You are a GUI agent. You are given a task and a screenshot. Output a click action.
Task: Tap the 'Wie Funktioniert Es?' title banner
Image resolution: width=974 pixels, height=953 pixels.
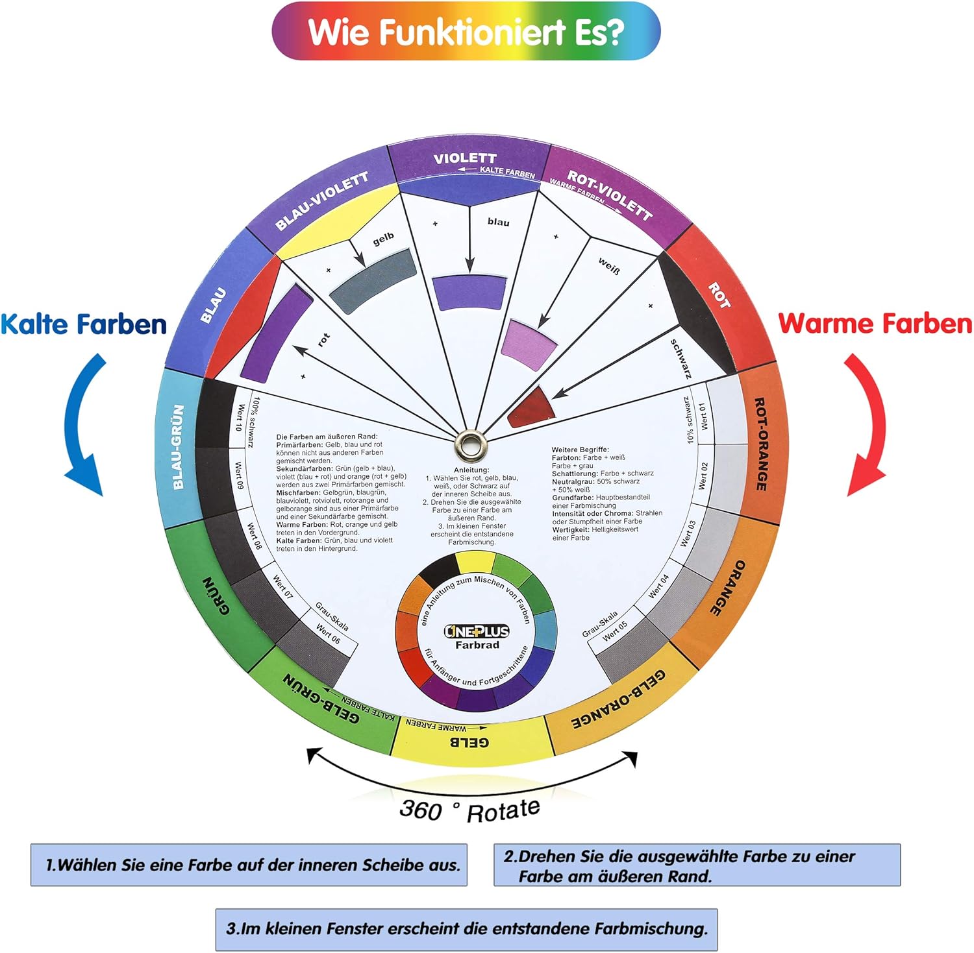tap(466, 31)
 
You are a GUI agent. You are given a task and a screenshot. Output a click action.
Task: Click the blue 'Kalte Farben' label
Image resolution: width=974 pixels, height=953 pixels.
tap(84, 324)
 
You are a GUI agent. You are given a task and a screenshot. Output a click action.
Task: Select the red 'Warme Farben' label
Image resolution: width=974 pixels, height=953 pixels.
tap(875, 323)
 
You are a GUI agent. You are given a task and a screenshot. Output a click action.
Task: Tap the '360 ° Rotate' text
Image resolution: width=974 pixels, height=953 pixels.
tap(469, 810)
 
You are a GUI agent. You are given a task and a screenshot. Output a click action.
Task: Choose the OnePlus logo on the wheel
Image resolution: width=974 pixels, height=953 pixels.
tap(477, 631)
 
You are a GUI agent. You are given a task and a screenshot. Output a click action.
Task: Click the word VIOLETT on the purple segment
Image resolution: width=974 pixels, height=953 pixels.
tap(465, 158)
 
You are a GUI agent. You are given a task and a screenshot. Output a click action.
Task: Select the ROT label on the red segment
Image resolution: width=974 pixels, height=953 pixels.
tap(719, 295)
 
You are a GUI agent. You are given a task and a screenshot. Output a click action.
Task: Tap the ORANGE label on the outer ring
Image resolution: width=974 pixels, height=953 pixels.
tap(727, 588)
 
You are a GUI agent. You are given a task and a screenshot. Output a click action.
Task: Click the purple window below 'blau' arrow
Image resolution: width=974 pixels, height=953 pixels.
tap(469, 293)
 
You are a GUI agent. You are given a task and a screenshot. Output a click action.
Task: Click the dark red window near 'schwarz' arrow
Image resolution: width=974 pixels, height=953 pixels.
tap(532, 409)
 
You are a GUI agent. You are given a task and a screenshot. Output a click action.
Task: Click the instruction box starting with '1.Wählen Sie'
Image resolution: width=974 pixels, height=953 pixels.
tap(249, 865)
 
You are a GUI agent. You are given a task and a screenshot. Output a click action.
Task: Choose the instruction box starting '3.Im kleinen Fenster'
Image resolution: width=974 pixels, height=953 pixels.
tap(466, 929)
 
